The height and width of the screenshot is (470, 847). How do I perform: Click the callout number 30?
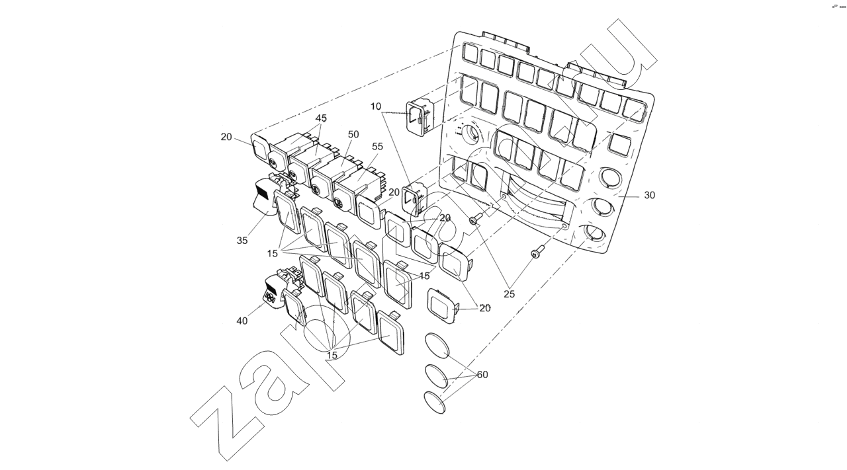[x=649, y=196]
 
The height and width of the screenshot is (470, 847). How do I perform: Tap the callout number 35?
[x=242, y=241]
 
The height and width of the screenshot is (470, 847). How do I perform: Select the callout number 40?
[x=242, y=321]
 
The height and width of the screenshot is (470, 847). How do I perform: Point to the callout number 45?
[x=321, y=118]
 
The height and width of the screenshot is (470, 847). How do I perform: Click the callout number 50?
[x=353, y=134]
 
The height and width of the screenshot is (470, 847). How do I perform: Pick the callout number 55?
[x=377, y=146]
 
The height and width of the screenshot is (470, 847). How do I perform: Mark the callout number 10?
[x=376, y=106]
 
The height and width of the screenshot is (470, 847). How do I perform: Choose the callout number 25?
[x=509, y=294]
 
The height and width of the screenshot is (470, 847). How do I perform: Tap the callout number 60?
[x=482, y=375]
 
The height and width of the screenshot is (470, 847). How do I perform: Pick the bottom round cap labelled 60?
[x=434, y=403]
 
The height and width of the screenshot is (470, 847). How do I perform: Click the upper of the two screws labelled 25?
[x=473, y=221]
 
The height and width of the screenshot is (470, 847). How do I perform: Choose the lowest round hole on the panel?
[x=594, y=233]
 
